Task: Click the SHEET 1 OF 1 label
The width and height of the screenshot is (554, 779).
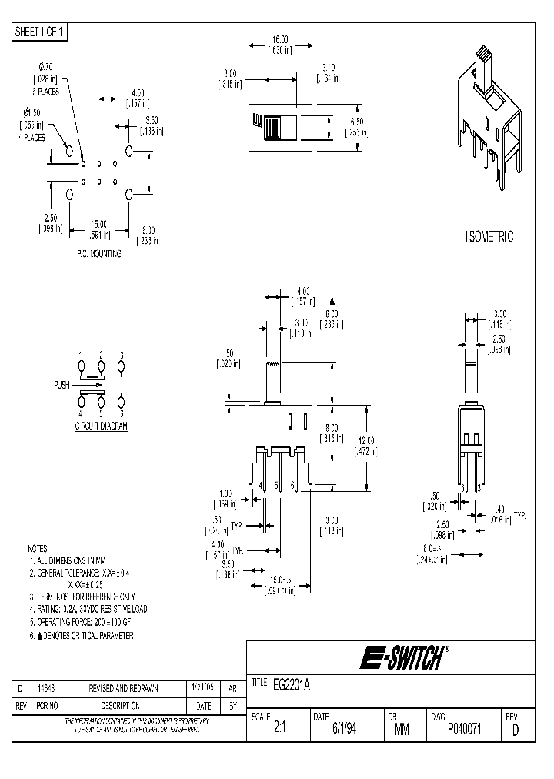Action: tap(41, 32)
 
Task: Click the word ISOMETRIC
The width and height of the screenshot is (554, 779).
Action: tap(489, 237)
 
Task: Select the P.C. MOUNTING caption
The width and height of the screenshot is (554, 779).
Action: tap(99, 253)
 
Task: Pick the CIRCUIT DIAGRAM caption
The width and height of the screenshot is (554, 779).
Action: tap(101, 425)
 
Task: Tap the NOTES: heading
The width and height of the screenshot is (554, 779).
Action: tap(38, 548)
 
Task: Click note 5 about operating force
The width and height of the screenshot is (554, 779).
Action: tap(87, 622)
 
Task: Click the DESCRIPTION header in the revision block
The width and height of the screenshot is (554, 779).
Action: tap(112, 705)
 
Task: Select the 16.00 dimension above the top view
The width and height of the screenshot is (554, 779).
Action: tap(279, 39)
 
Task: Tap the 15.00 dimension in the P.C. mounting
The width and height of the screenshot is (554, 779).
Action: tap(98, 224)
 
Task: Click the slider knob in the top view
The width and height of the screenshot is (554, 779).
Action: tap(272, 125)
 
